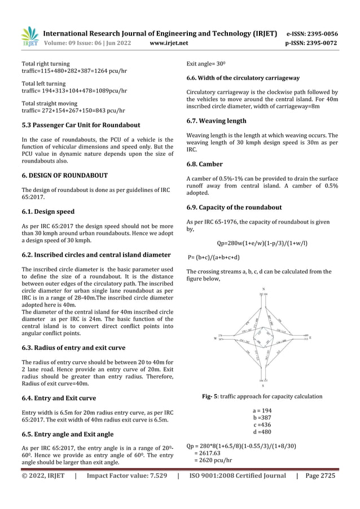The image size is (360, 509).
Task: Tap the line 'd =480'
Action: point(262,432)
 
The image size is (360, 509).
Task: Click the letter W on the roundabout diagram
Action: point(215,339)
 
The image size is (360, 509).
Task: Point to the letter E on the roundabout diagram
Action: point(310,337)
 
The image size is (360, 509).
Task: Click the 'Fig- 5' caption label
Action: point(212,396)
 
